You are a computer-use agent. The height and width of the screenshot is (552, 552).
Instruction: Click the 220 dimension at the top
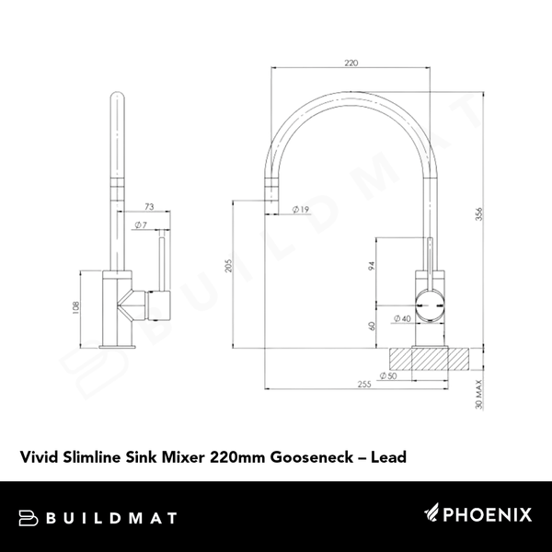click(351, 63)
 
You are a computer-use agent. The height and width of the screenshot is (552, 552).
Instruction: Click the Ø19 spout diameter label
click(298, 210)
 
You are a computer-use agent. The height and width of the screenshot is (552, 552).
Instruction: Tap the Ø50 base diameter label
click(386, 375)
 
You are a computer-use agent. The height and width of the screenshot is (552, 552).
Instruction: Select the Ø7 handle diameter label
click(140, 224)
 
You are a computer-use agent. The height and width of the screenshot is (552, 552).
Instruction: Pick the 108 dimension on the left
click(74, 308)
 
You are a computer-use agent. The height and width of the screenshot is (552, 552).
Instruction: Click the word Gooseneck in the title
click(304, 455)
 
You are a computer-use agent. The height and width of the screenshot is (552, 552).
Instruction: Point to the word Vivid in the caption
click(38, 454)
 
